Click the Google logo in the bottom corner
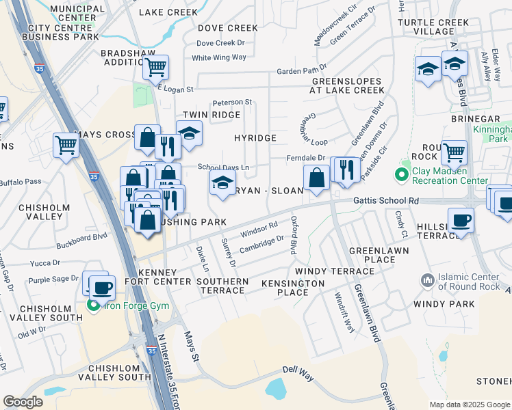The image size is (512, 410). point(23,402)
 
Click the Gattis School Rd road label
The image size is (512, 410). point(385,201)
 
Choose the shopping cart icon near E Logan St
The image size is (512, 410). point(156,68)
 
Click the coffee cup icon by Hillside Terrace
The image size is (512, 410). point(461,221)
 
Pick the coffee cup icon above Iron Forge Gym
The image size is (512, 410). point(102,287)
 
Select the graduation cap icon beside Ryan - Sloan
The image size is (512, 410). point(222,183)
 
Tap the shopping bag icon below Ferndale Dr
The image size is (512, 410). point(316,178)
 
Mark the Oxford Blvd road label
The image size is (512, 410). point(294,236)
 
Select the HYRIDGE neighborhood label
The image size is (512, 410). point(255,138)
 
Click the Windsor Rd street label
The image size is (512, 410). point(259,230)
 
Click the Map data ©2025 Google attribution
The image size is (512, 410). point(469,405)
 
